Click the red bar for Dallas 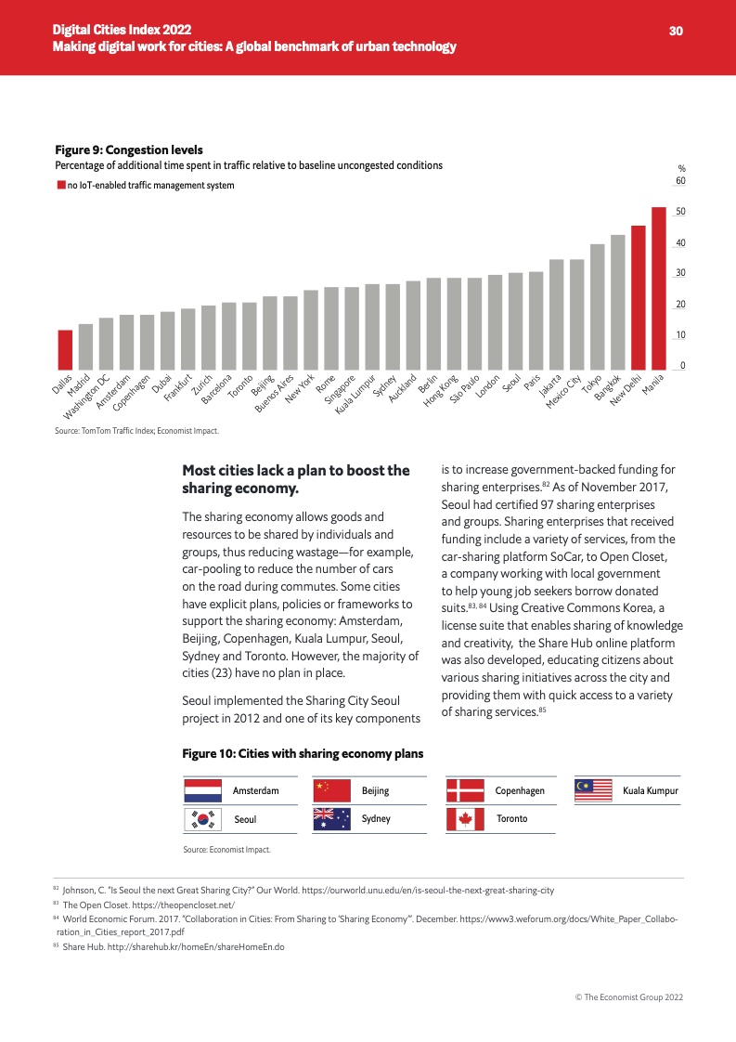click(65, 349)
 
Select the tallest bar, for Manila click(659, 288)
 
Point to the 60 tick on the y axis click(680, 180)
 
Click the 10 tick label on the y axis click(680, 335)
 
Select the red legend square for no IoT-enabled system click(60, 186)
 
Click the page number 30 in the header click(676, 31)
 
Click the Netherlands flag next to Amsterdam click(202, 790)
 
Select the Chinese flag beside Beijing click(330, 790)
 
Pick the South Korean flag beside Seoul click(202, 818)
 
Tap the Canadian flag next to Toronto click(464, 818)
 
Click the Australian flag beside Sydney click(330, 818)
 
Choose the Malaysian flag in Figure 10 click(594, 790)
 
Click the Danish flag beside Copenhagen click(464, 790)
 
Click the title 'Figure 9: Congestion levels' click(129, 150)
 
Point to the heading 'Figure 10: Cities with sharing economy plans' click(303, 753)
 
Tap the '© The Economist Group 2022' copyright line click(629, 996)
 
